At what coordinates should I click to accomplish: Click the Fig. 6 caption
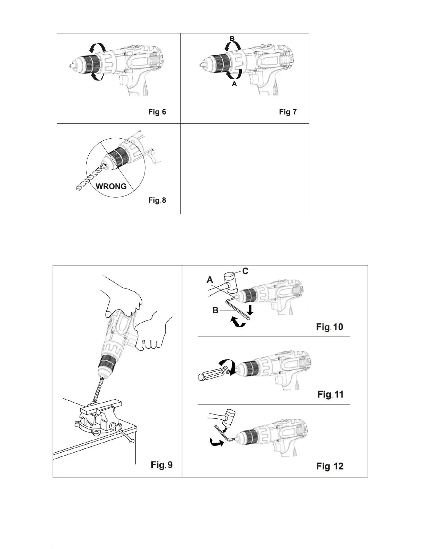coord(157,112)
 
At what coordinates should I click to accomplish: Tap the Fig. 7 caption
coord(288,112)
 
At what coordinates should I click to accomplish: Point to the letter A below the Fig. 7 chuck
coord(234,84)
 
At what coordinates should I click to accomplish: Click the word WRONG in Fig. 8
coord(111,186)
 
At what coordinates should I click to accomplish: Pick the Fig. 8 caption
coord(157,200)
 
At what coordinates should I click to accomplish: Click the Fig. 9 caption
coord(161,465)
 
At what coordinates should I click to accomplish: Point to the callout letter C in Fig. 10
coord(245,271)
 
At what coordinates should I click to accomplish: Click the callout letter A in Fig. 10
coord(210,279)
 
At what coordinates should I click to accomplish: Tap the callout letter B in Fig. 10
coord(215,311)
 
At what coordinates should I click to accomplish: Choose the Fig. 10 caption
coord(329,327)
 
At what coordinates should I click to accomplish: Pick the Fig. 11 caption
coord(330,394)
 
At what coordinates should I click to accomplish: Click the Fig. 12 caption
coord(330,466)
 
